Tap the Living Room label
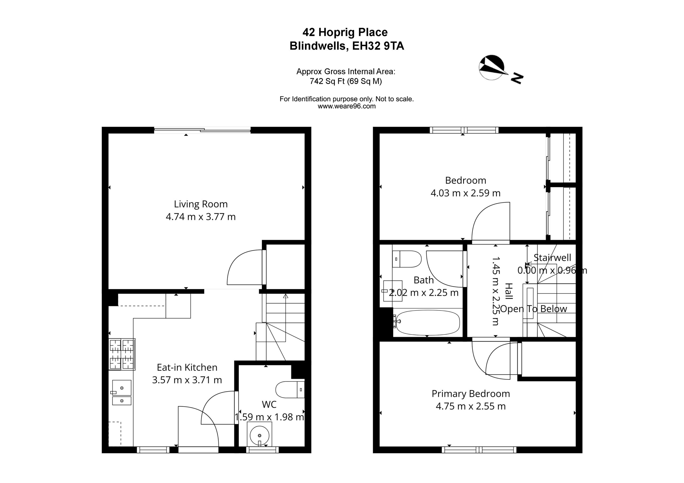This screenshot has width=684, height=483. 200,204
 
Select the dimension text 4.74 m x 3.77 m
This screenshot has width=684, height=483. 200,217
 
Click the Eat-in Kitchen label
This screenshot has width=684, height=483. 187,367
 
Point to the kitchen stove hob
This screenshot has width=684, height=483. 122,354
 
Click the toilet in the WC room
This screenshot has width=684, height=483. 290,390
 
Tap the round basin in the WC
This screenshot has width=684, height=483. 259,436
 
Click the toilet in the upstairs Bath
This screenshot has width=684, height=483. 406,259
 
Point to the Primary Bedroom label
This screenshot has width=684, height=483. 471,394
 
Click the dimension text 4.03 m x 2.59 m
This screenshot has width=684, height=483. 465,193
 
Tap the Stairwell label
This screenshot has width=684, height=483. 552,258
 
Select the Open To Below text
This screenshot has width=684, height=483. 533,309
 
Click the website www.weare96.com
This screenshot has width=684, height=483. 347,106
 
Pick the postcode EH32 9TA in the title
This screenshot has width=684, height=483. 378,46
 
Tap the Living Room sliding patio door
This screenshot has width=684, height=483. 202,130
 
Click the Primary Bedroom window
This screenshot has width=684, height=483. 479,450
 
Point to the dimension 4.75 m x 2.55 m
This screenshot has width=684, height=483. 471,406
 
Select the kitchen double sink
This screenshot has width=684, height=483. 122,393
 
